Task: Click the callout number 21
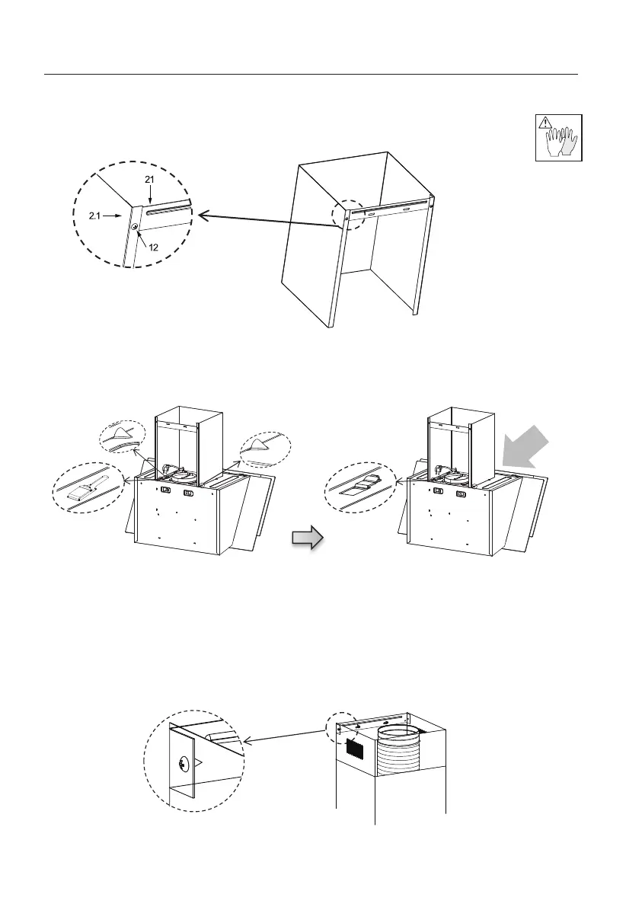(x=150, y=178)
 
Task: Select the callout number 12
(x=153, y=246)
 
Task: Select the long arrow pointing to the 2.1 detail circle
(x=267, y=221)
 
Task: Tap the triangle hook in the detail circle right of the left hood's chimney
(x=259, y=444)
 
